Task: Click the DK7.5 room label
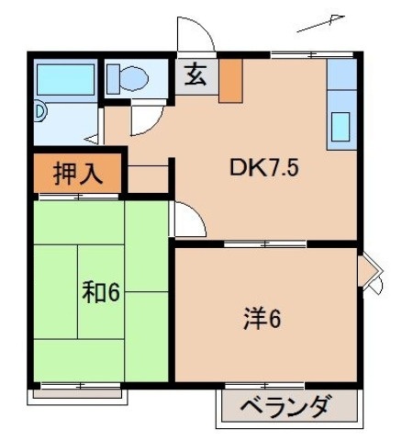coord(264,169)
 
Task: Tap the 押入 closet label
coord(78,175)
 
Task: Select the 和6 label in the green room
coord(101,293)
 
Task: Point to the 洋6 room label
coord(262,319)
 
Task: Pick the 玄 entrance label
coord(196,76)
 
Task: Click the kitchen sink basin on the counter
coord(341,125)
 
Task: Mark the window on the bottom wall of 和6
coord(83,385)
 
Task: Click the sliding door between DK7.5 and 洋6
coord(266,244)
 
